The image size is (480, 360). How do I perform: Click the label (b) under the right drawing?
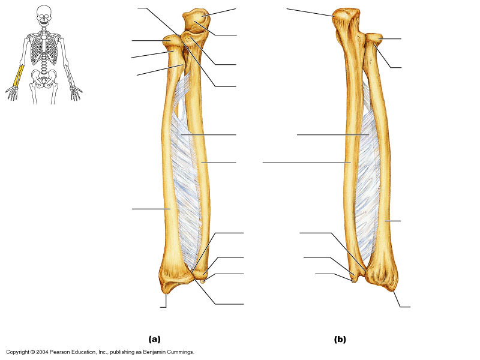(x=340, y=340)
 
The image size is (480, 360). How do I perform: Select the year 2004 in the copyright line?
(x=43, y=352)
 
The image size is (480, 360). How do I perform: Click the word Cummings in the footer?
(x=179, y=352)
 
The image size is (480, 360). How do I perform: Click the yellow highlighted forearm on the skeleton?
(x=19, y=77)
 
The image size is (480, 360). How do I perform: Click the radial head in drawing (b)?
(x=374, y=40)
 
